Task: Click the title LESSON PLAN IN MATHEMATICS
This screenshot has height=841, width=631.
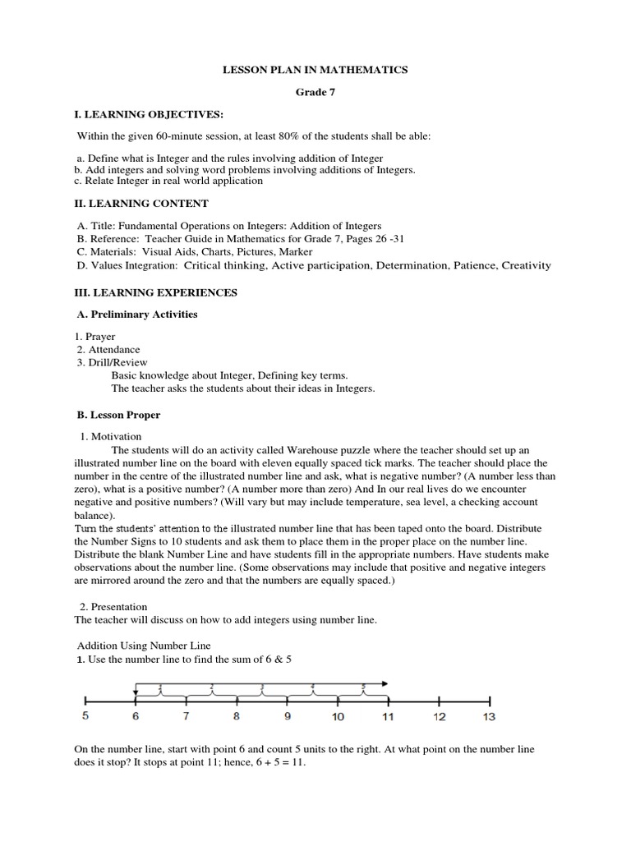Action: (315, 71)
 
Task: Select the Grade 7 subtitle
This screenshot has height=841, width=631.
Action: (315, 93)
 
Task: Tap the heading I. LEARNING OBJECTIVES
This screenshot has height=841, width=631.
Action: (149, 114)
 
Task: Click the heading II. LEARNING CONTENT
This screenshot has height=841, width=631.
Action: (141, 204)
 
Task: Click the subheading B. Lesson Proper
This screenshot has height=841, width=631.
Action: (117, 416)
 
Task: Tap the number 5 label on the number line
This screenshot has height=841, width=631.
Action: (85, 717)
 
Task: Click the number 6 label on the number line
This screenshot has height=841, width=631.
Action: (136, 717)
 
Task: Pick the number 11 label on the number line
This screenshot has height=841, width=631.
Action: (388, 717)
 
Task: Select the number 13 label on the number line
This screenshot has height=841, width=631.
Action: (489, 717)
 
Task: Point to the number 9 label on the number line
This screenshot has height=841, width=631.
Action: (288, 717)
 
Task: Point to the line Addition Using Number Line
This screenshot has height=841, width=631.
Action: (144, 646)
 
